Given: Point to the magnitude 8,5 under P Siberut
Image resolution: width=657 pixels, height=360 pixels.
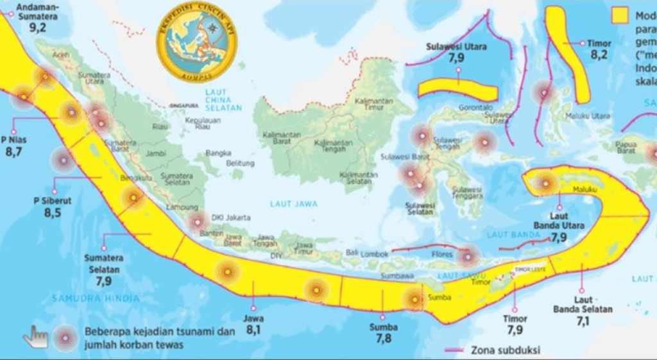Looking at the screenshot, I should click(52, 212).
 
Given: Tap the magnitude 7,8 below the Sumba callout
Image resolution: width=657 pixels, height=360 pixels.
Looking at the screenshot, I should click(384, 338).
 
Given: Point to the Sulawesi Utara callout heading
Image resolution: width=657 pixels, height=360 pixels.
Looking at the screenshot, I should click(457, 47).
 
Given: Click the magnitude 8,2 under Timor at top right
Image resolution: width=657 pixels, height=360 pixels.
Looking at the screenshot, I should click(599, 55).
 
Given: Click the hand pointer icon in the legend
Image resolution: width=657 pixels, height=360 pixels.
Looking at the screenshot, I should click(35, 336).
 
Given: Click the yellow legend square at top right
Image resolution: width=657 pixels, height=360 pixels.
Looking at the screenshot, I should click(619, 15).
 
